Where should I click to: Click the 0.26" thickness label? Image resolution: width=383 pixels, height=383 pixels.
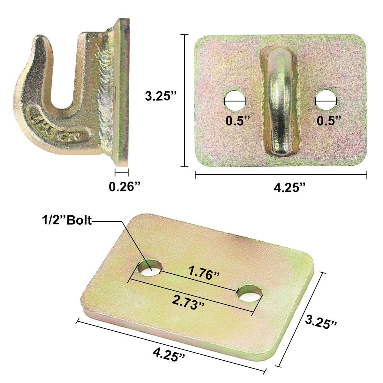125,186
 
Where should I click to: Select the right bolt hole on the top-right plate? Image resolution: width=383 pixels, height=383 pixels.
326,100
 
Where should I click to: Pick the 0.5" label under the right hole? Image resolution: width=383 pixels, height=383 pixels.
329,121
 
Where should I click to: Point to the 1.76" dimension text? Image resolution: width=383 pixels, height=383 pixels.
204,273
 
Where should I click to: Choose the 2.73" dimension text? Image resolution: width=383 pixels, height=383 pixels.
188,301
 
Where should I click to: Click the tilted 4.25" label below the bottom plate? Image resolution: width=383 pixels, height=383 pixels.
169,354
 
